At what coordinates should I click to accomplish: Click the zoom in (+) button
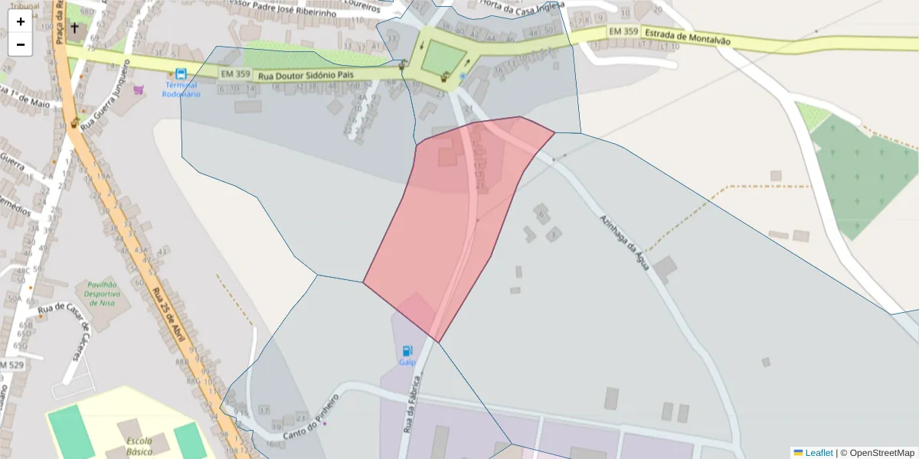21,21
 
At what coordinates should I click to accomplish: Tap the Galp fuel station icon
407,351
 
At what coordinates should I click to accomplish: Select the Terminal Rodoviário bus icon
181,74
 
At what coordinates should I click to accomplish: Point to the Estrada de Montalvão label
687,36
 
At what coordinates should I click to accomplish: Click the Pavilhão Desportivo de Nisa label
103,293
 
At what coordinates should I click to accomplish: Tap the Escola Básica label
139,447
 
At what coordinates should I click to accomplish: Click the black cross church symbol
74,30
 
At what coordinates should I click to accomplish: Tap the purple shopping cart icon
139,90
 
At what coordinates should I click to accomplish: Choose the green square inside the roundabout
443,57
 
